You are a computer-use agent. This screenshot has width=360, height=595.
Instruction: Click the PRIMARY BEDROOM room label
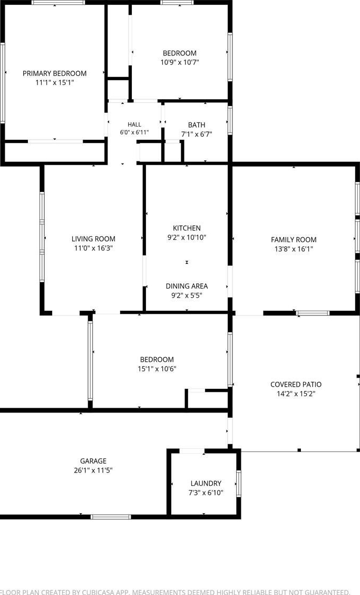pyautogui.click(x=55, y=73)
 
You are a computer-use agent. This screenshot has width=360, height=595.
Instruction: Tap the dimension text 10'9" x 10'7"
pyautogui.click(x=180, y=62)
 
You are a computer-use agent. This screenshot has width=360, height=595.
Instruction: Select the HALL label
pyautogui.click(x=134, y=124)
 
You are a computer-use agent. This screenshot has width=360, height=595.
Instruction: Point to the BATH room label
pyautogui.click(x=197, y=125)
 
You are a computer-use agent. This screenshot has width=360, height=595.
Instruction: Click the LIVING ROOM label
pyautogui.click(x=93, y=238)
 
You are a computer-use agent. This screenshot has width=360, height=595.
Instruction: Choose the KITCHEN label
pyautogui.click(x=187, y=228)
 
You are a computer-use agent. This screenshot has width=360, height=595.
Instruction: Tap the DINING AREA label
pyautogui.click(x=187, y=286)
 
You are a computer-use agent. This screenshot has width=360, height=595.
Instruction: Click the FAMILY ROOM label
pyautogui.click(x=294, y=239)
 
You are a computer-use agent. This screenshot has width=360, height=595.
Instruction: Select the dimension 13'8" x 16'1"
pyautogui.click(x=294, y=249)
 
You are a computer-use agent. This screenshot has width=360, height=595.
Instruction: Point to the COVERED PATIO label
pyautogui.click(x=296, y=385)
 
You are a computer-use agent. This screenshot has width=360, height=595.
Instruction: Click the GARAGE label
pyautogui.click(x=93, y=461)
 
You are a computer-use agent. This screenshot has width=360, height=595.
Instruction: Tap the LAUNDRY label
pyautogui.click(x=206, y=483)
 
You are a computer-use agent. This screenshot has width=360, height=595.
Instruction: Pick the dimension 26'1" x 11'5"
pyautogui.click(x=93, y=471)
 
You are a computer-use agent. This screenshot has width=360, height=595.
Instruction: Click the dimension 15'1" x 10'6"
pyautogui.click(x=157, y=369)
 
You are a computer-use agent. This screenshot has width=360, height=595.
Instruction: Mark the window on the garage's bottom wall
pyautogui.click(x=111, y=517)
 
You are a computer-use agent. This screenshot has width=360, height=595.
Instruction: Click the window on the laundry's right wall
pyautogui.click(x=239, y=483)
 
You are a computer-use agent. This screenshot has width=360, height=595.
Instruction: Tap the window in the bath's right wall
pyautogui.click(x=230, y=120)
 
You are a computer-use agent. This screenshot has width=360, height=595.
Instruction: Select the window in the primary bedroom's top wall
pyautogui.click(x=58, y=2)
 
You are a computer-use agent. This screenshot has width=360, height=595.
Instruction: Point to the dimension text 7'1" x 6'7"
pyautogui.click(x=197, y=134)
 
